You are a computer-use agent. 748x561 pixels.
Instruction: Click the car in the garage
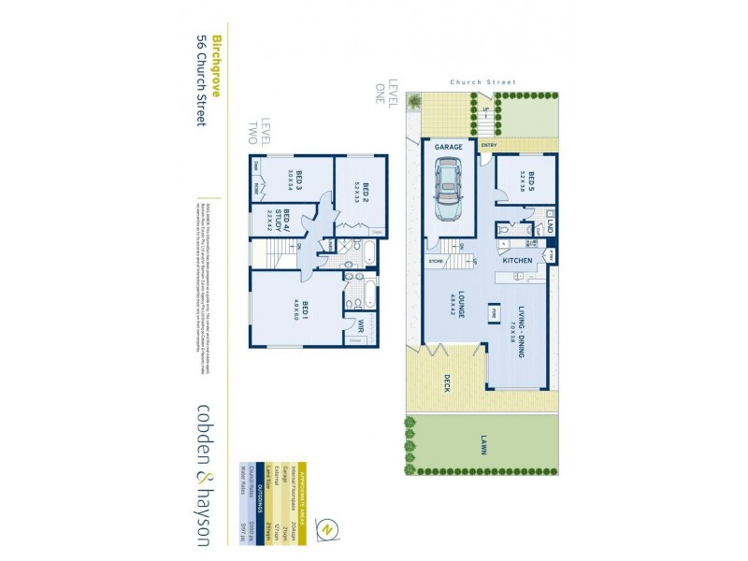pos(447,187)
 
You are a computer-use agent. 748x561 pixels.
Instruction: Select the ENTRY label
pos(488,146)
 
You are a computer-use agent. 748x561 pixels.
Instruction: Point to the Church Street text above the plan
pos(482,82)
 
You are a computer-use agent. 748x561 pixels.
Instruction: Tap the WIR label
pos(360,325)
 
